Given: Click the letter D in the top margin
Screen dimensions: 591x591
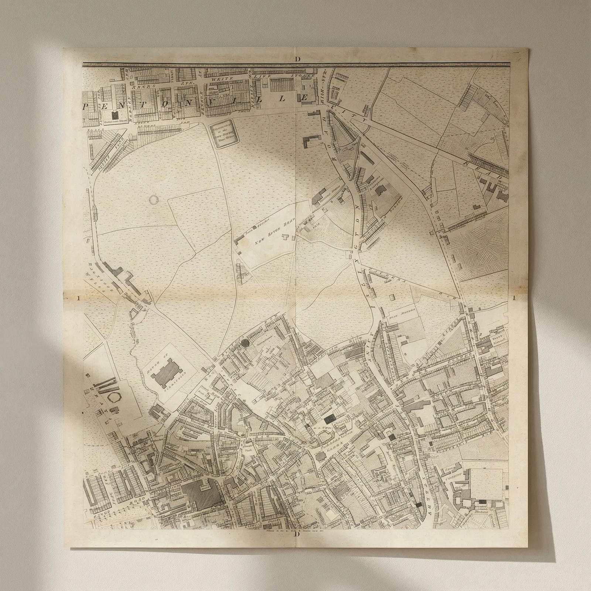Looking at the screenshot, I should pyautogui.click(x=297, y=59).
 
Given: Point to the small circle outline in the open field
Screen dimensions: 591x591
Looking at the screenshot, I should pyautogui.click(x=153, y=200).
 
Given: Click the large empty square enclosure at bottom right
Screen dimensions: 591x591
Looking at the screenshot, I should pyautogui.click(x=485, y=484).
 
